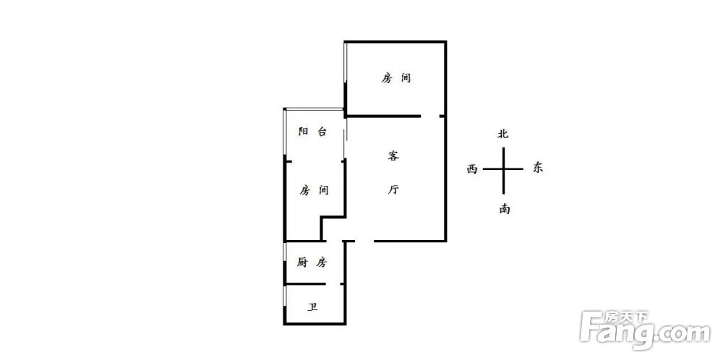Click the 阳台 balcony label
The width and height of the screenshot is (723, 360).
[x=312, y=132]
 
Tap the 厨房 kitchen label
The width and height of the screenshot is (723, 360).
[x=312, y=262]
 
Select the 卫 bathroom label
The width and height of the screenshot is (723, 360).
[x=313, y=307]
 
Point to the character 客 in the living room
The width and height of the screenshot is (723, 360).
[x=393, y=156]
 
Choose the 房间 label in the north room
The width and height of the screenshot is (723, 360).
[x=395, y=78]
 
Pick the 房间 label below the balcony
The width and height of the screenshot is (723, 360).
[x=314, y=189]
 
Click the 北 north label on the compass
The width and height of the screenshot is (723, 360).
[x=502, y=134]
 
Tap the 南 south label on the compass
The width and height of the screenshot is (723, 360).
[x=504, y=209]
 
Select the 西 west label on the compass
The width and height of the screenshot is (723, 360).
[x=471, y=169]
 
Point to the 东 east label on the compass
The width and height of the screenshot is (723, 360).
[x=538, y=167]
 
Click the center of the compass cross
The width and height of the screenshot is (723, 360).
[x=503, y=169]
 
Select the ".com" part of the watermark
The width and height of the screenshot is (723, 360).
[x=682, y=333]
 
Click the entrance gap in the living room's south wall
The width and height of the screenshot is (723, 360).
[x=364, y=241]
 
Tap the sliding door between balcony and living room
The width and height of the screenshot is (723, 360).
[x=345, y=137]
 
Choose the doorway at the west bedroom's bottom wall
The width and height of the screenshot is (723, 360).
[x=334, y=241]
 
